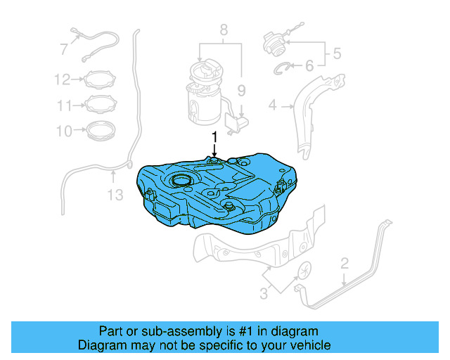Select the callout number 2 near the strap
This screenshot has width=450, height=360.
point(345,264)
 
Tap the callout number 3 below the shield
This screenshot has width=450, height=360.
point(263,292)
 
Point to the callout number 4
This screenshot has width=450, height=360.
point(272,106)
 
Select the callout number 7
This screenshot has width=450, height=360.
point(64,49)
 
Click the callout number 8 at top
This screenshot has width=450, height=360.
point(224,30)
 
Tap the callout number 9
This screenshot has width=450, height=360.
point(240,90)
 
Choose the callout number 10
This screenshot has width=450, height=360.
point(64,131)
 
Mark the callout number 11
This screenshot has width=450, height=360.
point(64,105)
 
